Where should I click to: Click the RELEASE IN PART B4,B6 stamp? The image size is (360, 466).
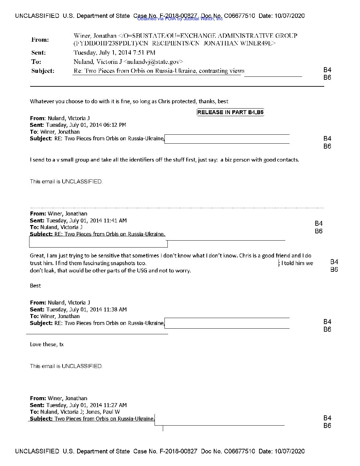click(x=230, y=112)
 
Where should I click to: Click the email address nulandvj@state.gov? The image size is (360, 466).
click(x=153, y=62)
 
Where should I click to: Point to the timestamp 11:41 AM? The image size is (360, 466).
click(x=115, y=221)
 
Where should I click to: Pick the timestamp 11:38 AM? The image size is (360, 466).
click(x=115, y=310)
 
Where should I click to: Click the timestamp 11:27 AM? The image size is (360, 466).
click(x=115, y=405)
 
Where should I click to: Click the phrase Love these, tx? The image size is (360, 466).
click(x=47, y=345)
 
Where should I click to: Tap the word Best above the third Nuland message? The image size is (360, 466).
click(x=35, y=286)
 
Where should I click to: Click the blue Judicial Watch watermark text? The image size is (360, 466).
click(x=180, y=19)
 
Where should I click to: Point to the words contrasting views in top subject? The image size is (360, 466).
click(x=221, y=71)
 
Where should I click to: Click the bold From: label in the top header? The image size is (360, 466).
click(x=40, y=40)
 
